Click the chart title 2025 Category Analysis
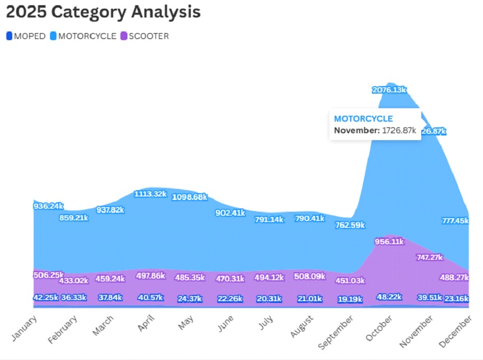click(x=103, y=12)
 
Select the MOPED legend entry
click(x=26, y=36)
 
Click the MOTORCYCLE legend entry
click(x=83, y=36)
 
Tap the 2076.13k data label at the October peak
click(x=389, y=90)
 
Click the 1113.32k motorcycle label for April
click(x=151, y=194)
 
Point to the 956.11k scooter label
click(x=389, y=241)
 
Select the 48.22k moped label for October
click(x=389, y=297)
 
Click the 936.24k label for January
click(x=48, y=206)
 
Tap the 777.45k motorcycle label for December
click(x=454, y=221)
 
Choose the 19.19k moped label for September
click(x=349, y=300)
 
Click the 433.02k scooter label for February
click(x=73, y=280)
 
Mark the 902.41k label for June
click(x=230, y=213)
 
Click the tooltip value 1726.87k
click(x=399, y=130)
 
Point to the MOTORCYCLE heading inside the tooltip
click(x=363, y=119)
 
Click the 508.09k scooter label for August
click(x=309, y=276)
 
